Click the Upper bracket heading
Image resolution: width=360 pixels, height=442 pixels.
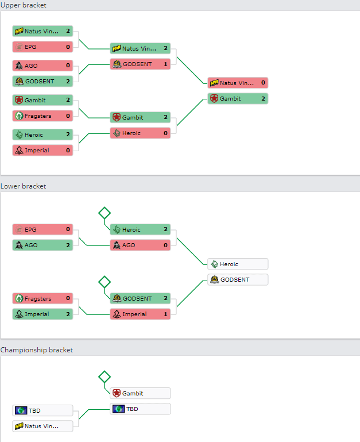tap(24, 5)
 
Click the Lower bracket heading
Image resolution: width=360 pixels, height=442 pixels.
tap(23, 186)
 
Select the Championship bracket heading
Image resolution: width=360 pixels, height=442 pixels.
tap(37, 350)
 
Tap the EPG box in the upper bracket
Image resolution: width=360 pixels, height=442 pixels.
tap(42, 47)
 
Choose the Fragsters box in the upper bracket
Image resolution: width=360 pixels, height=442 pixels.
tap(42, 116)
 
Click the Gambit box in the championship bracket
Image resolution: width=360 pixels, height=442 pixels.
tap(140, 393)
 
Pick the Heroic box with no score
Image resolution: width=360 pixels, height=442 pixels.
tap(238, 264)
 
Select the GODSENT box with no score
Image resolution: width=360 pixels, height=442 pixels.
tap(238, 280)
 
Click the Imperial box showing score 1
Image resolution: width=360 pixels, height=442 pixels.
tap(140, 314)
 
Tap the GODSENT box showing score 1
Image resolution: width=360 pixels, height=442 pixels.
tap(140, 64)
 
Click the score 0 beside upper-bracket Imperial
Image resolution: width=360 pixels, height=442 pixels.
tap(68, 150)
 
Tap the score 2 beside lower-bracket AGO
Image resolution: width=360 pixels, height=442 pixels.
tap(68, 245)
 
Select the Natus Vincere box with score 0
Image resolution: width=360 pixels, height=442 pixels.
tap(238, 83)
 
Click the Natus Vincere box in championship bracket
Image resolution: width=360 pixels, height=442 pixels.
tap(42, 426)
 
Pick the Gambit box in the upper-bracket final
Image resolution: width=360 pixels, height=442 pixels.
tap(238, 99)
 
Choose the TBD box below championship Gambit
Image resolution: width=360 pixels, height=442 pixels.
tap(140, 409)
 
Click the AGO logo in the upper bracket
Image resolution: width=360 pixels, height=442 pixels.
tap(19, 66)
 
